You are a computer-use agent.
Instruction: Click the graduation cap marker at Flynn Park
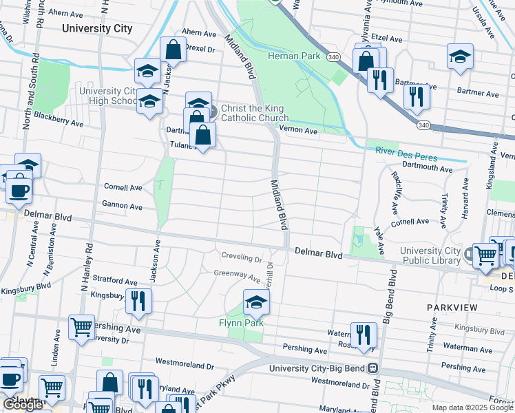pos(256,302)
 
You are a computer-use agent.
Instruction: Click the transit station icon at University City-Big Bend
pos(372,368)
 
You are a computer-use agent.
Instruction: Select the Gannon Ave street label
pos(122,206)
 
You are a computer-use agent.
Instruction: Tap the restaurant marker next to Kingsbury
pos(139,301)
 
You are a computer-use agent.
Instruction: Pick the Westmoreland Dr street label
pos(186,360)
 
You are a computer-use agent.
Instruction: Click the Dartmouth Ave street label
pos(427,167)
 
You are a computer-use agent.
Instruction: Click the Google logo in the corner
pos(23,405)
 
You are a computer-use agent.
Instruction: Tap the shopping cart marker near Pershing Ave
pos(81,328)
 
